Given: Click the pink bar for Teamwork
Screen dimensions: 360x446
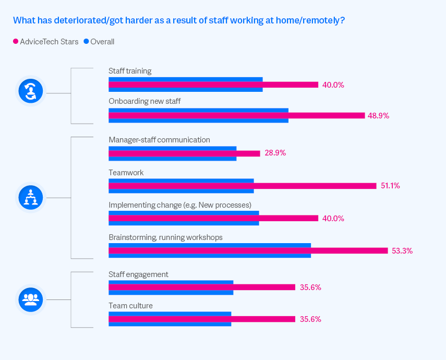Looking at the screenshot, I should (x=242, y=186).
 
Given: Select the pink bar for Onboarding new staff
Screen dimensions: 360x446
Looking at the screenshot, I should (x=236, y=115).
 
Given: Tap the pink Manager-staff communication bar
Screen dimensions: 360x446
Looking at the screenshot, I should (x=184, y=153).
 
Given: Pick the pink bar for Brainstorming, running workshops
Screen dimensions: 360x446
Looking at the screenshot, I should (x=248, y=250).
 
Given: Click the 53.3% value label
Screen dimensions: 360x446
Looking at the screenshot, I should (x=402, y=251).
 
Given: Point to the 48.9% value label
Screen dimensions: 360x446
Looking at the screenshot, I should (x=378, y=116).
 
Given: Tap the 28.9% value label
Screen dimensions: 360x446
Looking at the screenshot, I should (x=275, y=153).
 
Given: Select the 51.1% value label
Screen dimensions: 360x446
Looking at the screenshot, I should (x=390, y=186).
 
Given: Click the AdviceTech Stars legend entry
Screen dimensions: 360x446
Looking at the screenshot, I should (x=45, y=42).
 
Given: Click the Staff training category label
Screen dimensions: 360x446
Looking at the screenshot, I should (x=130, y=71).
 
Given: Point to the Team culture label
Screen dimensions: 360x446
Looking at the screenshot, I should (x=130, y=306).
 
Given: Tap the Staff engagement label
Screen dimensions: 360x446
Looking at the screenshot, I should (x=138, y=274).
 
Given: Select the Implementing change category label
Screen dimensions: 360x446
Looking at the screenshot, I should (x=180, y=205).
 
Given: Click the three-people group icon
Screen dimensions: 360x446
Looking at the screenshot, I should (x=31, y=299).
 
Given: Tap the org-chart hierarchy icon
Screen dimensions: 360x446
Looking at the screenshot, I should (x=31, y=197).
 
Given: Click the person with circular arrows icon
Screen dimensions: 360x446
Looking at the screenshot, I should (x=31, y=91).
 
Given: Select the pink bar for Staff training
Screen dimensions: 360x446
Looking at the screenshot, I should (x=213, y=85).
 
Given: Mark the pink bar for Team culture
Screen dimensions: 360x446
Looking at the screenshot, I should (x=201, y=319).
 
